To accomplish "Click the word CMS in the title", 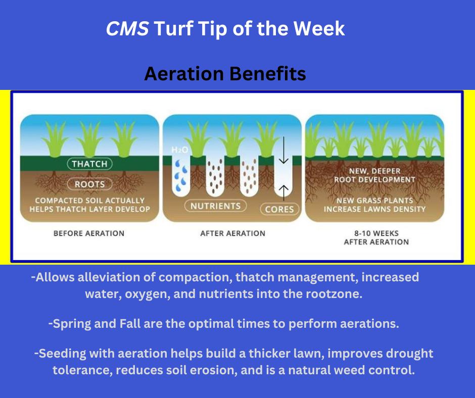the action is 127,29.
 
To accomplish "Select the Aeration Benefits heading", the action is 225,74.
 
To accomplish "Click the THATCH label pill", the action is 89,164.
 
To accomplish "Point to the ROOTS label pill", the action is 89,184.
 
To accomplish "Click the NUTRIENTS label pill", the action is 215,206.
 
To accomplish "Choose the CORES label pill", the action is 279,209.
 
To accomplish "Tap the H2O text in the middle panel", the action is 179,150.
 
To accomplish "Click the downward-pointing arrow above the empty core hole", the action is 283,150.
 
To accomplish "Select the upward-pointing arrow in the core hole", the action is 283,192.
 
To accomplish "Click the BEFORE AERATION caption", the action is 89,233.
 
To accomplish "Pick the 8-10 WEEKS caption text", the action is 376,233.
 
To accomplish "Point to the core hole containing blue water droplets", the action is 181,176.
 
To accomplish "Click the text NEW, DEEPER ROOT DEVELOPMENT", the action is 375,175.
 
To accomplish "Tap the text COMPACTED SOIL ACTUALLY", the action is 89,201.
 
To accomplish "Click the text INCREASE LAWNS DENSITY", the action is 375,209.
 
